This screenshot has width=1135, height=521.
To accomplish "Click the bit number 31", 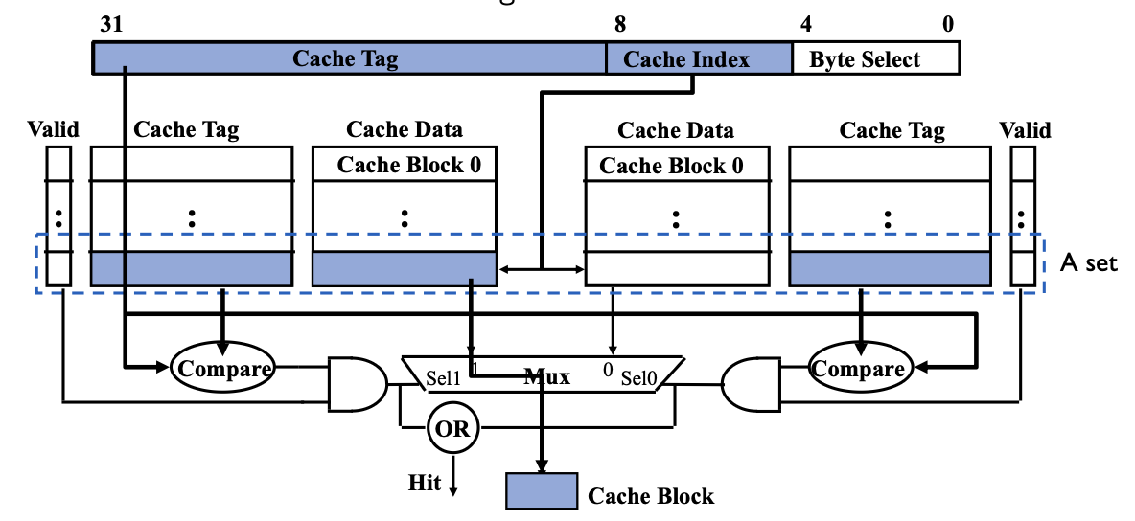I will (111, 25).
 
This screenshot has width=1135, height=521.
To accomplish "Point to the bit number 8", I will (620, 25).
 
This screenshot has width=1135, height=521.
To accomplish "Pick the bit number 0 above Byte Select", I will (948, 25).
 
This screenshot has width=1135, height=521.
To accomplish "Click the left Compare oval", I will (221, 369).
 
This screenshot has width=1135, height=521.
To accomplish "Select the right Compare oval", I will (857, 369).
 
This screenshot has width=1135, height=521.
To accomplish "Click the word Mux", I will (546, 376).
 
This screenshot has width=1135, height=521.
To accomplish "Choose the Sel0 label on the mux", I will (638, 379).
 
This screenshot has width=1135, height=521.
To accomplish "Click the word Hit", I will (425, 483).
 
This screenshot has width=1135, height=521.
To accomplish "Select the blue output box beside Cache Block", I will (542, 489).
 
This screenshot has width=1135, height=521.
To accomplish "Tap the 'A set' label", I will (1089, 263).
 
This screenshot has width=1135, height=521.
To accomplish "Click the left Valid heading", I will (54, 130).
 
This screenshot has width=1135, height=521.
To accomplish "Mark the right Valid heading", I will (1025, 130).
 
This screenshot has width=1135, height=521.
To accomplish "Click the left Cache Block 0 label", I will (408, 165).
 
